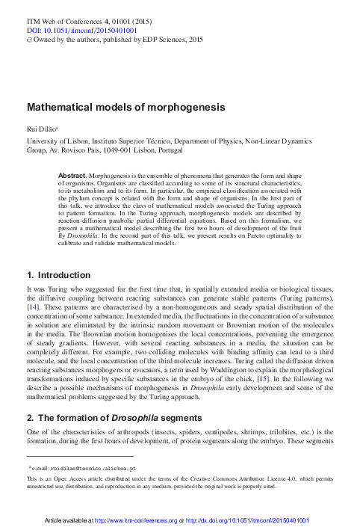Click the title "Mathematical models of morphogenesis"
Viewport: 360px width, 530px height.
125,108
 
